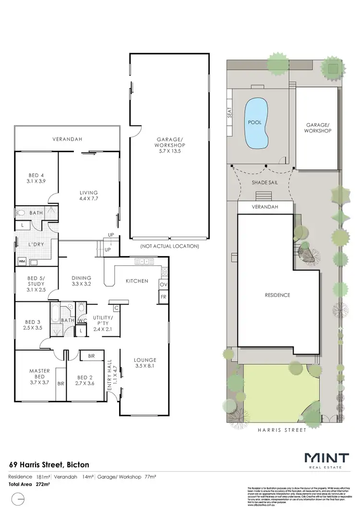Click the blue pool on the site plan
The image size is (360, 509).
click(x=257, y=125)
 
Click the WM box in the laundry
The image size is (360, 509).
click(x=22, y=261)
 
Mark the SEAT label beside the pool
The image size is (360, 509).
click(x=230, y=112)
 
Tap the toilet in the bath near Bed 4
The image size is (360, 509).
click(x=21, y=213)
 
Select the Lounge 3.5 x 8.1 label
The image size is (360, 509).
click(x=145, y=363)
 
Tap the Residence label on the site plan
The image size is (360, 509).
click(x=277, y=295)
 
